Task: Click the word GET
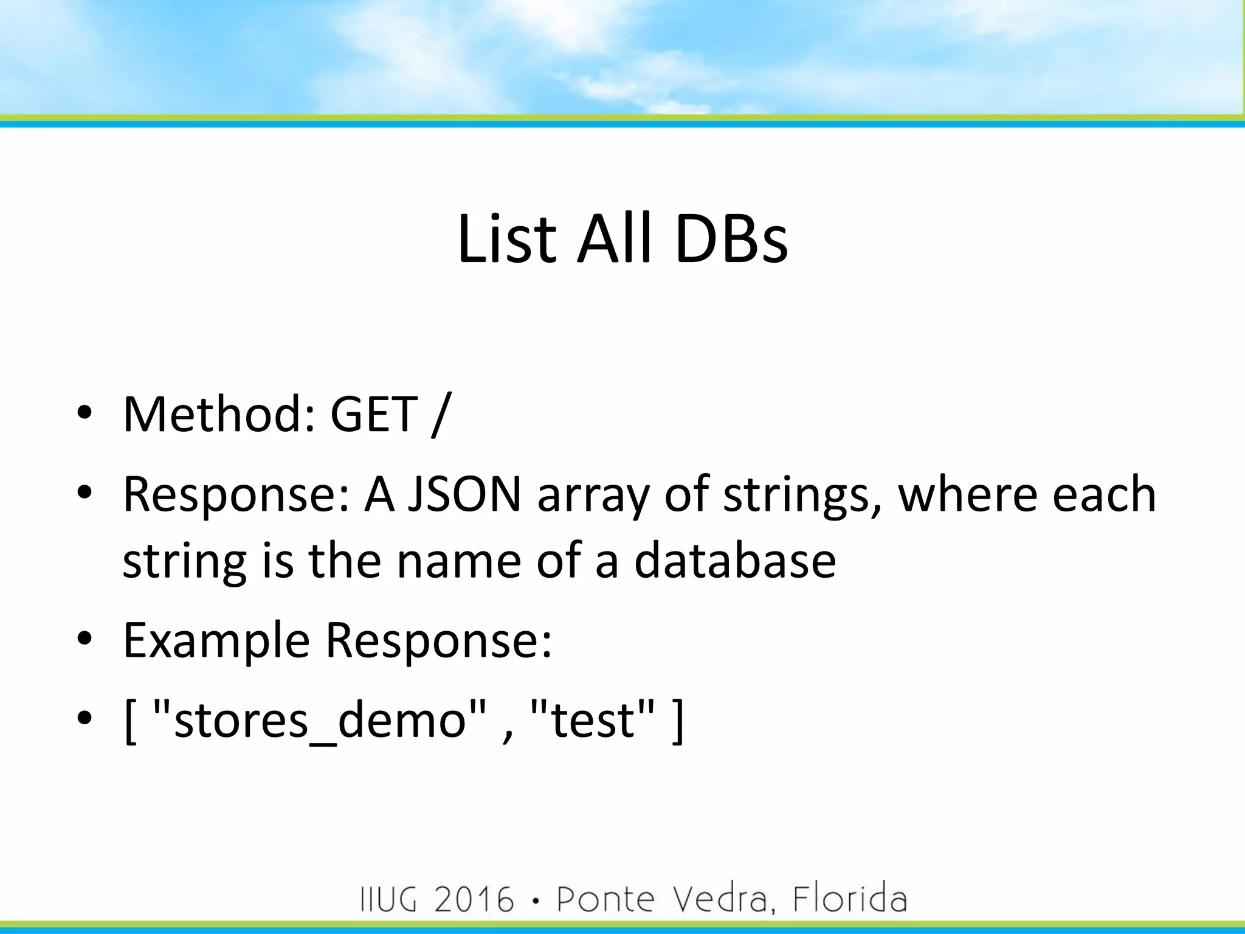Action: (x=373, y=414)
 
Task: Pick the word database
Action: (x=735, y=560)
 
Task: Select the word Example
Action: (x=216, y=641)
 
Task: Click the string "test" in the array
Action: (x=593, y=720)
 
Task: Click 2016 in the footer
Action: (x=474, y=899)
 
